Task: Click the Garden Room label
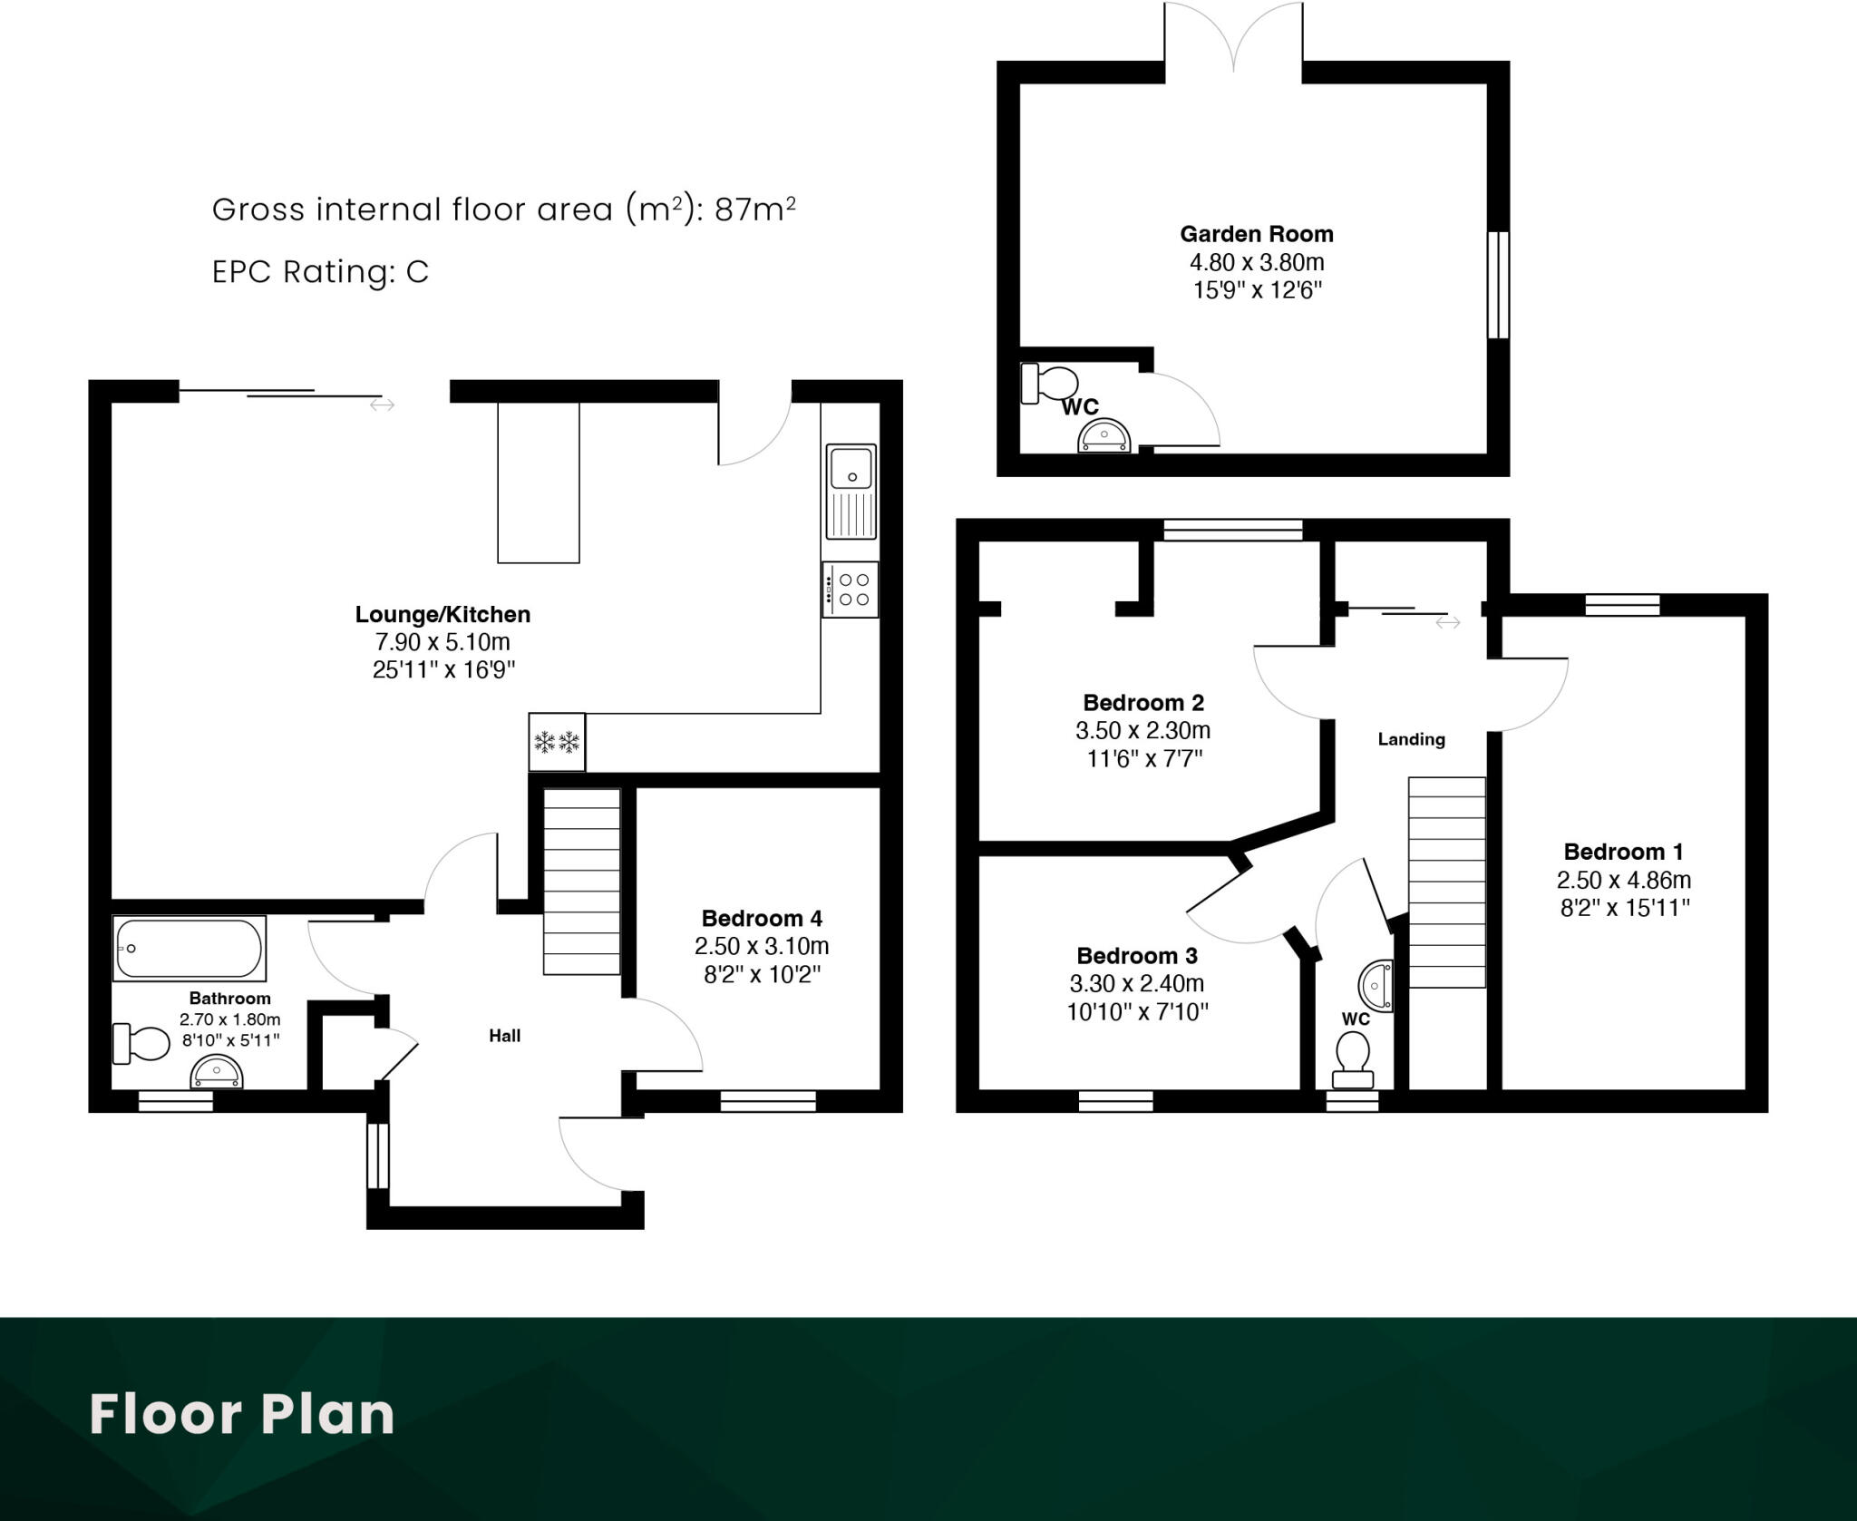(x=1256, y=234)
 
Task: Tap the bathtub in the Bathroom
(x=189, y=949)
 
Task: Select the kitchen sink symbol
(x=851, y=492)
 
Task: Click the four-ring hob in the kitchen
(x=851, y=590)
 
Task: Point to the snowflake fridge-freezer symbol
(x=557, y=743)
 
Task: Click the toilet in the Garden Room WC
(x=1048, y=384)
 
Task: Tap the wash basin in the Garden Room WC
(x=1104, y=437)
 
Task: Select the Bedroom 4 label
(x=762, y=918)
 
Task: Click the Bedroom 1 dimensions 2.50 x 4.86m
(x=1623, y=880)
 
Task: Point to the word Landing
(x=1411, y=739)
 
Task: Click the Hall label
(x=504, y=1036)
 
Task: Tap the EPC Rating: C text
(x=320, y=272)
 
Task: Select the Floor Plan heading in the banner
(x=242, y=1414)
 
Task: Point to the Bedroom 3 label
(x=1136, y=956)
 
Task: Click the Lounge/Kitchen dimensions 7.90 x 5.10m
(x=442, y=642)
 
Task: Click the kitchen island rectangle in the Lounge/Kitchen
(x=538, y=483)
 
